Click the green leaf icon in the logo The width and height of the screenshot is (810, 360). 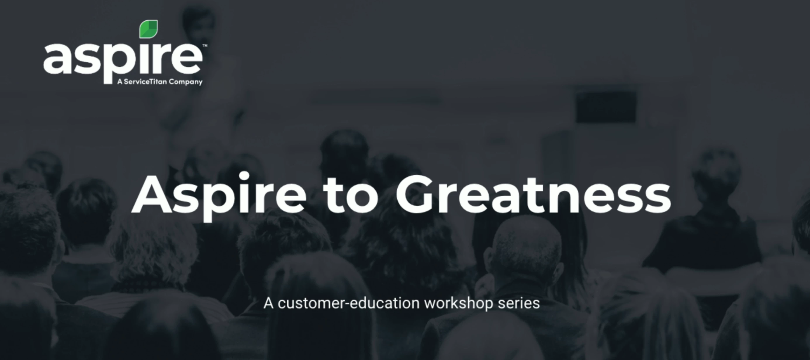click(148, 29)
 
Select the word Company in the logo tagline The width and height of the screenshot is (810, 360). click(186, 82)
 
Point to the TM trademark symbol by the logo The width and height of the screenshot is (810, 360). click(205, 46)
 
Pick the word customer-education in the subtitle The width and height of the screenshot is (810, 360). click(349, 303)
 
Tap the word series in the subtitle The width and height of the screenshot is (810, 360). click(519, 303)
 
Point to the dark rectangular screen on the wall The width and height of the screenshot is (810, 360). click(606, 106)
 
